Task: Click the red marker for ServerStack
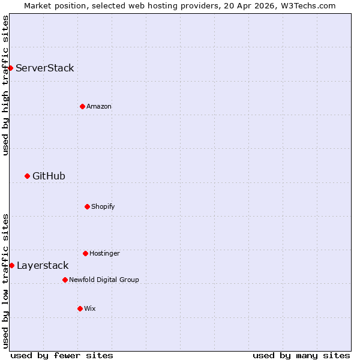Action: click(10, 68)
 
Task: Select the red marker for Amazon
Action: click(82, 106)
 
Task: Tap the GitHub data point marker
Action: click(27, 176)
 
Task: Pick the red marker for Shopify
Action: click(87, 206)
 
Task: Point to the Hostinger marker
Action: click(85, 253)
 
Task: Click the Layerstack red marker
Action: click(11, 265)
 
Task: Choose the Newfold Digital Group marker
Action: click(65, 280)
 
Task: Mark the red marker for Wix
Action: click(80, 308)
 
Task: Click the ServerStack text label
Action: click(45, 68)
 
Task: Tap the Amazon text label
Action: click(99, 106)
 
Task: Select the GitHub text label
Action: click(49, 176)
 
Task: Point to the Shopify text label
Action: click(103, 206)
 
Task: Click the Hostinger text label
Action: click(105, 253)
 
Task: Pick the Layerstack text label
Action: click(43, 265)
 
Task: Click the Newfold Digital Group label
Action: click(104, 280)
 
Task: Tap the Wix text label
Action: click(90, 308)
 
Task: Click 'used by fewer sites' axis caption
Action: click(62, 355)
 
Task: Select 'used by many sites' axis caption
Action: click(301, 355)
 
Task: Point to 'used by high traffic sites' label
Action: click(5, 85)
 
